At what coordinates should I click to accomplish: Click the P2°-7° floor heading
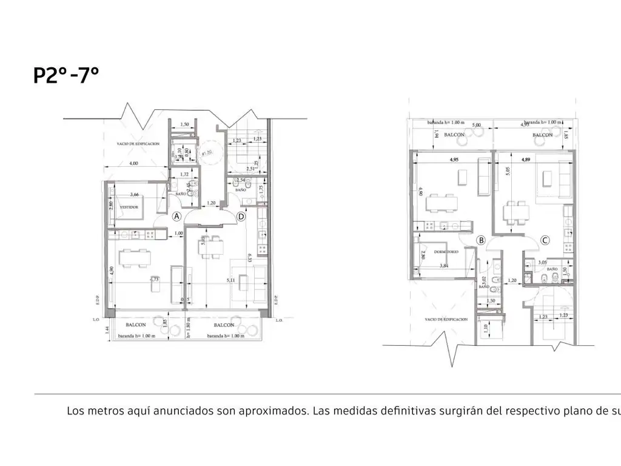[66, 76]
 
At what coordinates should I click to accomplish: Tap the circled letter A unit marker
[176, 216]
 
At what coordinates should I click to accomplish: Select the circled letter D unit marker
[241, 216]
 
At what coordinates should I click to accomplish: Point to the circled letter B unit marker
[481, 240]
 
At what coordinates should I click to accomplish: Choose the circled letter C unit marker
[545, 240]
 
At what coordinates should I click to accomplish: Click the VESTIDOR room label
[129, 207]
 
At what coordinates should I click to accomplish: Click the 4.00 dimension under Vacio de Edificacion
[133, 163]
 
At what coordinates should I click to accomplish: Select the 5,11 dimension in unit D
[230, 280]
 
